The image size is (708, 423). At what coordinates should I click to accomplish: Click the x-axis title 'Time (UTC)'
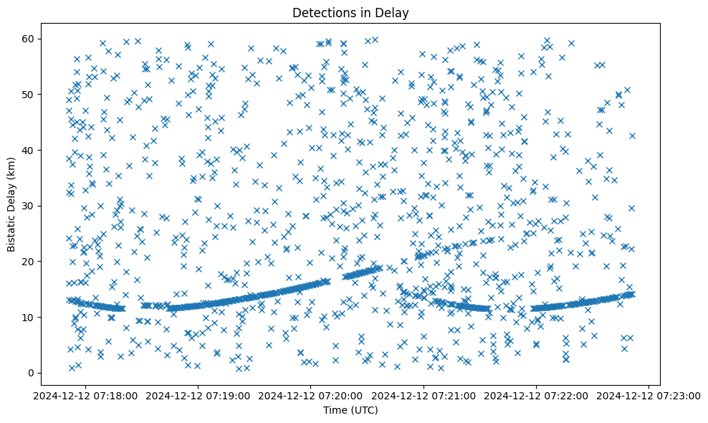pyautogui.click(x=350, y=410)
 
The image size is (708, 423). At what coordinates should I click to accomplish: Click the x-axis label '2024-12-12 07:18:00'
pyautogui.click(x=86, y=396)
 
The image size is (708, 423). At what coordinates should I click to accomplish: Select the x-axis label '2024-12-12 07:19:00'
pyautogui.click(x=198, y=396)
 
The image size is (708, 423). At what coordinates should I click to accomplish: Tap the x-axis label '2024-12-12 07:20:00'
pyautogui.click(x=311, y=396)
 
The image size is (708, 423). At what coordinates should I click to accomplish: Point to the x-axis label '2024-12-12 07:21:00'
pyautogui.click(x=424, y=396)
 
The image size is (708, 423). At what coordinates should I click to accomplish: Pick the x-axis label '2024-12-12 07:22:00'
pyautogui.click(x=536, y=396)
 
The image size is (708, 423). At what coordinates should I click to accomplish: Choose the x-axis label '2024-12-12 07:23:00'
pyautogui.click(x=649, y=396)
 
